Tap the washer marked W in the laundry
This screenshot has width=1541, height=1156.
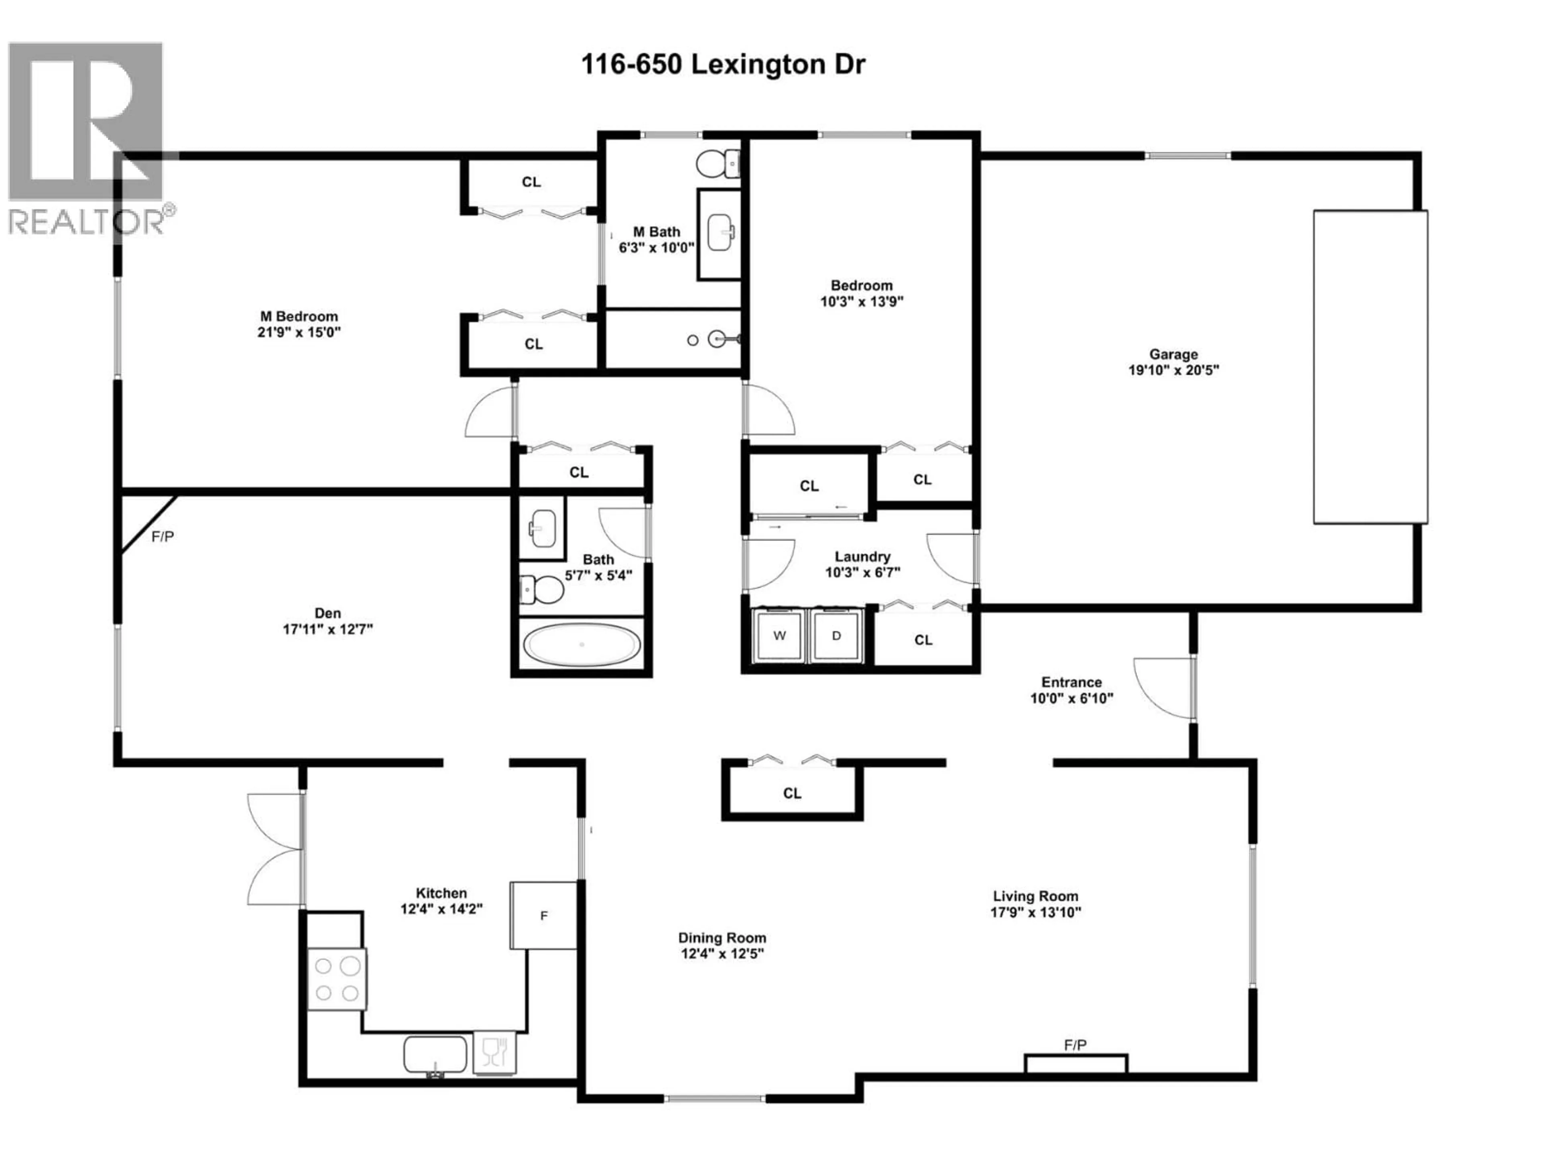pos(780,635)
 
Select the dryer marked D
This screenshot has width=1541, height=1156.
pos(837,635)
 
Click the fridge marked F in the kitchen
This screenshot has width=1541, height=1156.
pos(543,915)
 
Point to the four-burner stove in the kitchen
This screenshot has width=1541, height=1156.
pos(336,979)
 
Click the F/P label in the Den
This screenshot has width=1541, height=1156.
pos(162,537)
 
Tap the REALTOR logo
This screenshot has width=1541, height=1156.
pos(86,136)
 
